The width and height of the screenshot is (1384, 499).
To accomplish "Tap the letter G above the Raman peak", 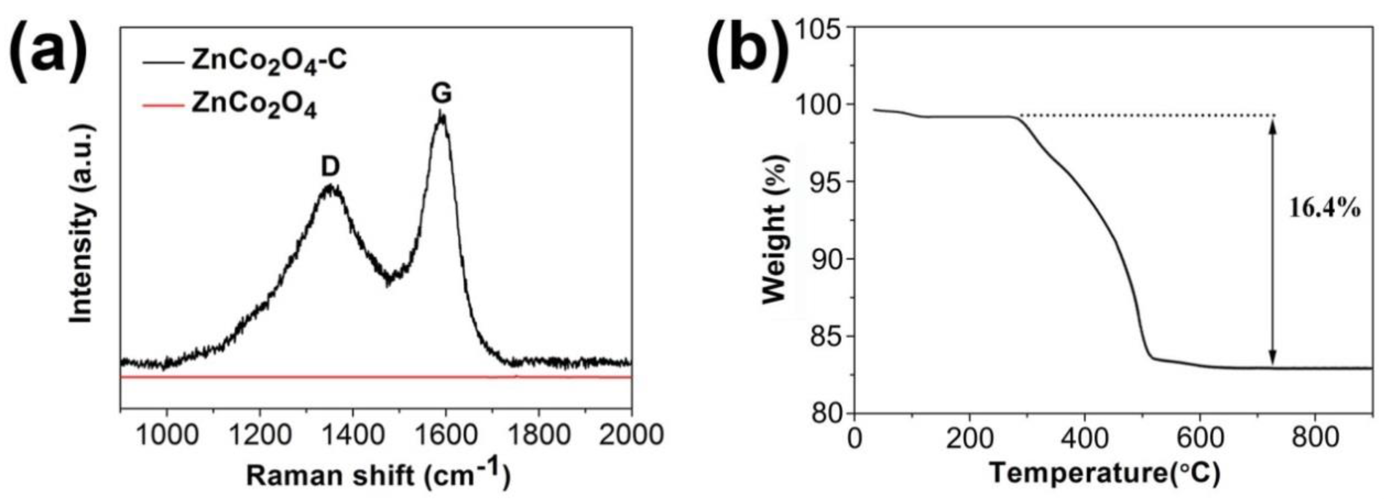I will tap(441, 94).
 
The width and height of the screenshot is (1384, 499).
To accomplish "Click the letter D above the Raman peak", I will tap(330, 168).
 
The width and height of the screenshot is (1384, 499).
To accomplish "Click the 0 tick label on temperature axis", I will tap(854, 438).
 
